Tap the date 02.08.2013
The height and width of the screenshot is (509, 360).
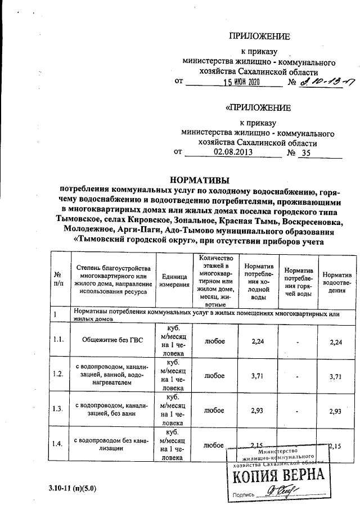[233, 152]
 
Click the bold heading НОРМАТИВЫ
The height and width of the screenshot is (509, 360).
[200, 180]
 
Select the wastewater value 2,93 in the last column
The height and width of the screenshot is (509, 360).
[337, 411]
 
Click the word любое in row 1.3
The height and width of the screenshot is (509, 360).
[214, 411]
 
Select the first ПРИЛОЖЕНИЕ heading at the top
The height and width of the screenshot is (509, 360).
[259, 37]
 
